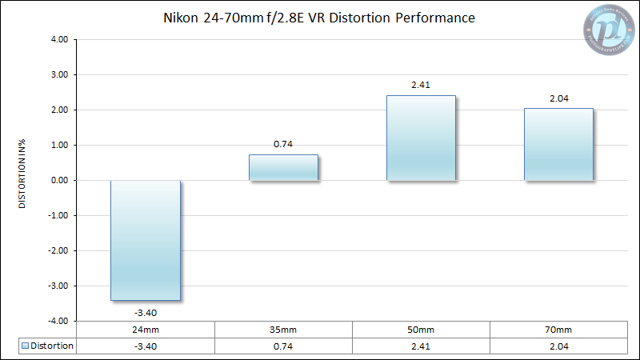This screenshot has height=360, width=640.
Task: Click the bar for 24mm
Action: click(145, 240)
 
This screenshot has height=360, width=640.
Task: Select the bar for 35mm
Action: click(283, 167)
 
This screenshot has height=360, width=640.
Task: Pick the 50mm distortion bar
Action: click(421, 138)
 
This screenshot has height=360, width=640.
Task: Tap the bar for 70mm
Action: click(558, 144)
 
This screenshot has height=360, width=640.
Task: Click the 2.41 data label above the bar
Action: click(421, 84)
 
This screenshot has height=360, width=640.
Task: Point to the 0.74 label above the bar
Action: click(283, 143)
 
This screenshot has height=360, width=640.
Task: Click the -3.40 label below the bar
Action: click(145, 311)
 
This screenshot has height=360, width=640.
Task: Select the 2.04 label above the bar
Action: click(558, 97)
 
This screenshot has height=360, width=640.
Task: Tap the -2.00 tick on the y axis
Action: click(59, 250)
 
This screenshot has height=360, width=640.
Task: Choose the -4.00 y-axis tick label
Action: click(59, 321)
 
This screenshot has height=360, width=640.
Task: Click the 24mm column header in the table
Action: click(145, 330)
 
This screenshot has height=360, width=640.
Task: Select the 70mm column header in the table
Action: click(558, 330)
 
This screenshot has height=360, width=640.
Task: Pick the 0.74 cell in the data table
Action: click(283, 346)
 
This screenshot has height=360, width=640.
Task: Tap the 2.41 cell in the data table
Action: click(421, 346)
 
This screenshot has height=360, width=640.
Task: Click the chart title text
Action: click(320, 17)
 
